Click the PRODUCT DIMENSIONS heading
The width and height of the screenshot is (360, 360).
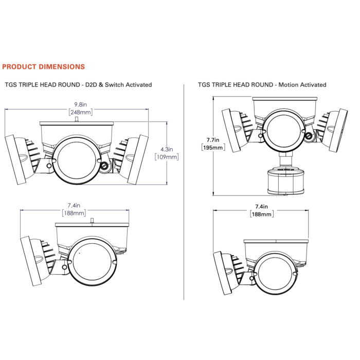(43, 67)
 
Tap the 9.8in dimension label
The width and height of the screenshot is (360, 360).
(80, 105)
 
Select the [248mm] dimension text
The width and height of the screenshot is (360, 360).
(81, 112)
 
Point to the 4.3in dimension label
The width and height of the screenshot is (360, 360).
(167, 150)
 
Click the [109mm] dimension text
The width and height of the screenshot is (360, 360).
(167, 157)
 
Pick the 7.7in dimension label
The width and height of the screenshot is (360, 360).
(213, 140)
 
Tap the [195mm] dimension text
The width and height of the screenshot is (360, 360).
(213, 148)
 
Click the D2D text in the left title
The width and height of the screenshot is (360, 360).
(91, 85)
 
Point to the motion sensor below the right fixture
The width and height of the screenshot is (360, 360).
(286, 182)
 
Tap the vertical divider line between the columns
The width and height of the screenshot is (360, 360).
(184, 192)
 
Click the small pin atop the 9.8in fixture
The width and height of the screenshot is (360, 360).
(77, 119)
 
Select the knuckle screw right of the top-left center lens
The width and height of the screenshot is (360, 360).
(105, 166)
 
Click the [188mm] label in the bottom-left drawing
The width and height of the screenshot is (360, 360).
(74, 213)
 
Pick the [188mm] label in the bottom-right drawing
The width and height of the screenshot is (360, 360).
(262, 214)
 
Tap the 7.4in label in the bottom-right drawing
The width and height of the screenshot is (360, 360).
(261, 207)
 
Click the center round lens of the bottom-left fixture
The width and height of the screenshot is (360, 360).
(92, 262)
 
